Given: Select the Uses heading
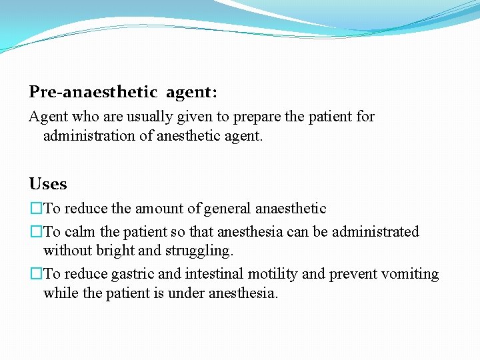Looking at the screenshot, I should pyautogui.click(x=48, y=184).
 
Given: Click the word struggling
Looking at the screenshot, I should pyautogui.click(x=199, y=251).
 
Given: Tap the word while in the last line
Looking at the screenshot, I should pyautogui.click(x=59, y=293).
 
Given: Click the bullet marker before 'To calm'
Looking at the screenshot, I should pyautogui.click(x=36, y=232).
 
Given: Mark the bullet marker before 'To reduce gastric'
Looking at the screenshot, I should pyautogui.click(x=36, y=274).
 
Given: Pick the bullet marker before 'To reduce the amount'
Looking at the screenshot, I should pyautogui.click(x=36, y=209).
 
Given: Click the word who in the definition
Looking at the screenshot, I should pyautogui.click(x=85, y=117).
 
